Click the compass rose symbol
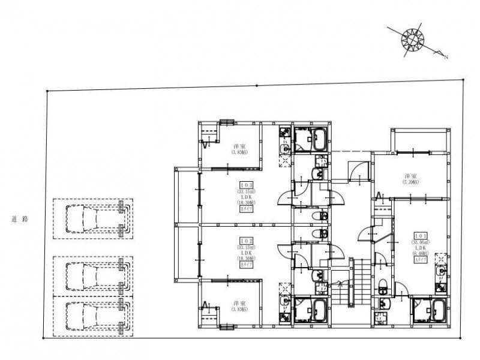click(412, 38)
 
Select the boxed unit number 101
click(419, 236)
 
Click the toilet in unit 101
click(383, 286)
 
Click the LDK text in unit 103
click(246, 197)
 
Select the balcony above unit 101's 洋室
click(420, 140)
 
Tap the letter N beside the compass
click(446, 57)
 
